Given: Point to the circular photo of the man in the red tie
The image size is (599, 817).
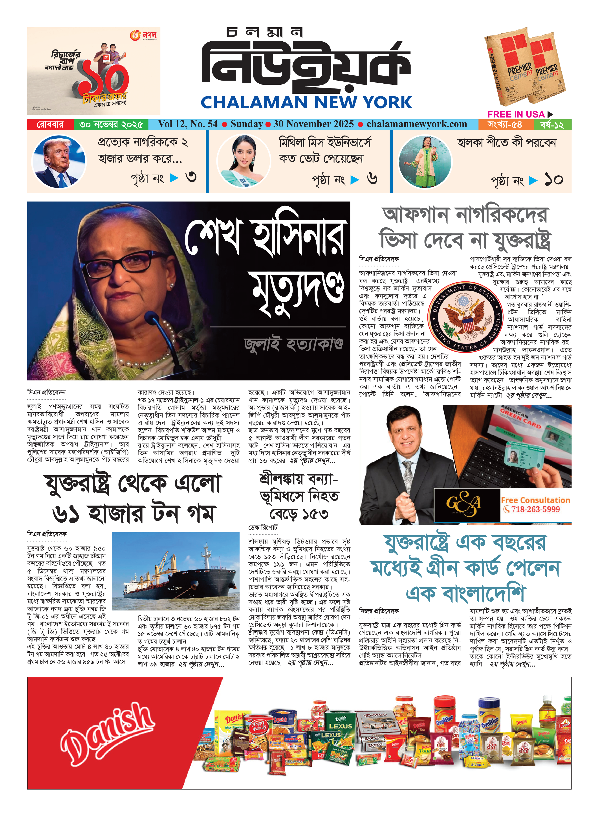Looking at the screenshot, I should click(59, 162).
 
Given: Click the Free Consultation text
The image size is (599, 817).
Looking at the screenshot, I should click(535, 500).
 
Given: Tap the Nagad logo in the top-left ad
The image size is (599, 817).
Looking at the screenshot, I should click(144, 35).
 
